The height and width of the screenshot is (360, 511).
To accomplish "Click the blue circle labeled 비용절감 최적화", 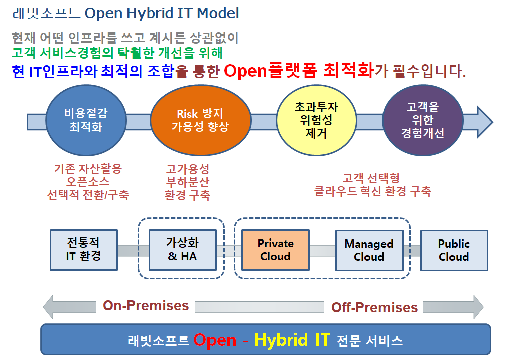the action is [86, 120].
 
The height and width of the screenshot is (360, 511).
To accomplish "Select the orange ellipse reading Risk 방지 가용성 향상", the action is [200, 120].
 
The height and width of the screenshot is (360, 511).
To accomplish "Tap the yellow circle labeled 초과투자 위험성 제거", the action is [316, 120].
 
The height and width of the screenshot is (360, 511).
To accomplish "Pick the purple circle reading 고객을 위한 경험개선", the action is [423, 120].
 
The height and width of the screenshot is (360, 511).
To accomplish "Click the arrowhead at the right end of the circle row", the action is [484, 122].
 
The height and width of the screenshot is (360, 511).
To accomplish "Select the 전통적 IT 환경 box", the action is [84, 250].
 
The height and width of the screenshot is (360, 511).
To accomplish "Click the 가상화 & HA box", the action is [183, 250].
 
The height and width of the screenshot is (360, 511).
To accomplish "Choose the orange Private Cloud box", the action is [276, 250].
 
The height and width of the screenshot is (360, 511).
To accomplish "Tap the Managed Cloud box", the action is [369, 251].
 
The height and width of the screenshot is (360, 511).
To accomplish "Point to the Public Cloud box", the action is [454, 251].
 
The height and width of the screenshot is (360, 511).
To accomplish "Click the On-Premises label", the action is [146, 306].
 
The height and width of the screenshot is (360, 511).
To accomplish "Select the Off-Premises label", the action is [374, 307].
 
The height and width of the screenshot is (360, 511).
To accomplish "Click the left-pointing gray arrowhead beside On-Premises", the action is [49, 307].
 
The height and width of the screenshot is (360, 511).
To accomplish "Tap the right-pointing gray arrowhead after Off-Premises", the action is [478, 307].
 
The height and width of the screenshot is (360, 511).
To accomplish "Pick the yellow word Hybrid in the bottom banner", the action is [281, 340].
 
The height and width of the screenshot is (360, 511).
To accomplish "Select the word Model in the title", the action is [218, 13].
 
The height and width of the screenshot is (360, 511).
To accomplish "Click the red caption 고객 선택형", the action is [371, 178].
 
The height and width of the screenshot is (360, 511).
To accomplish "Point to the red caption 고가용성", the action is [187, 169].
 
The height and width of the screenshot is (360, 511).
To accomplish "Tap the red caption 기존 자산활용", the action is [88, 169].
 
